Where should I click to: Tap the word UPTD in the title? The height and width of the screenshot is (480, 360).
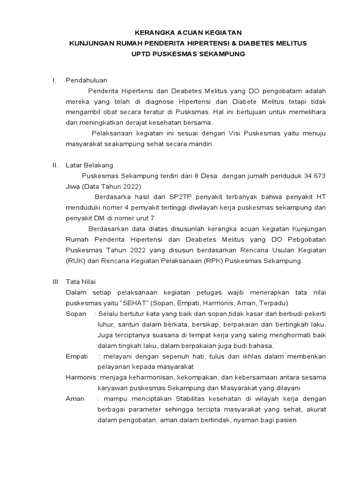(142, 54)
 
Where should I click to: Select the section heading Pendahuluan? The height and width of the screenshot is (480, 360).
(86, 80)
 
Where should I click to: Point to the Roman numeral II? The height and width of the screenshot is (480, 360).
(54, 165)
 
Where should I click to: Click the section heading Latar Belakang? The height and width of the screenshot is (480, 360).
(89, 165)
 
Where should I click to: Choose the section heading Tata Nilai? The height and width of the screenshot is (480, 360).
(81, 282)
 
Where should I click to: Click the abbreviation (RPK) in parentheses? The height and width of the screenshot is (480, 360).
(212, 261)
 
